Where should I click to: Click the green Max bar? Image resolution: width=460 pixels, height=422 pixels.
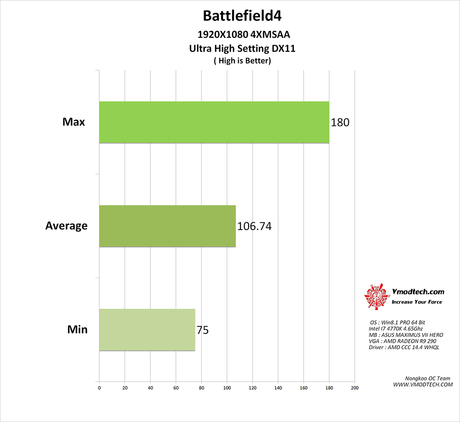pos(214,122)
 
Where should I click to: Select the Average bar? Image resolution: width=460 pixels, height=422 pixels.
pos(167,226)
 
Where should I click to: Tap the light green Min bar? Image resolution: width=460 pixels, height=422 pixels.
pos(147,330)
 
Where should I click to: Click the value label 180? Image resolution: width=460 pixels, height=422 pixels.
pos(340,123)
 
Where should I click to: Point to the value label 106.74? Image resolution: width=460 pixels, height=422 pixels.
pos(254,226)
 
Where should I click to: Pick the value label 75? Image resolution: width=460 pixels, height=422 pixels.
pos(203,330)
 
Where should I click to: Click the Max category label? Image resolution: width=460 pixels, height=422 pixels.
pos(74,122)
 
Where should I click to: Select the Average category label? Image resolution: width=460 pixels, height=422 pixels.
pos(66,226)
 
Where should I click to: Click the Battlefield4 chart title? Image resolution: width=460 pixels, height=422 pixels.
pos(242,16)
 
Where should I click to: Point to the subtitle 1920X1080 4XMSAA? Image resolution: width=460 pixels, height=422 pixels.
pos(242,35)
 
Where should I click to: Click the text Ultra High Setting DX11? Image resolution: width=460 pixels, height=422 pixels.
pos(242,49)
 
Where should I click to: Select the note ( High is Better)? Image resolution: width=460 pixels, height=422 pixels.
pos(242,61)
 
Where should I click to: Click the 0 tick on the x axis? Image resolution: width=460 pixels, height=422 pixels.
pos(99,388)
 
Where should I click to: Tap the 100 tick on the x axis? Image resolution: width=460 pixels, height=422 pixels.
pos(227,388)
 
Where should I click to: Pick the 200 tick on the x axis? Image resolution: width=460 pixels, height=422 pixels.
pos(354,388)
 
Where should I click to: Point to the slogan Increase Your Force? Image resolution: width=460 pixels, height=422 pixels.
pos(417,302)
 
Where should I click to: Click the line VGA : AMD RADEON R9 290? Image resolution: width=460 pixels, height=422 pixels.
pos(402,341)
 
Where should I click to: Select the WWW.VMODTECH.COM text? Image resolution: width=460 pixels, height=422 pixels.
pos(423,385)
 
